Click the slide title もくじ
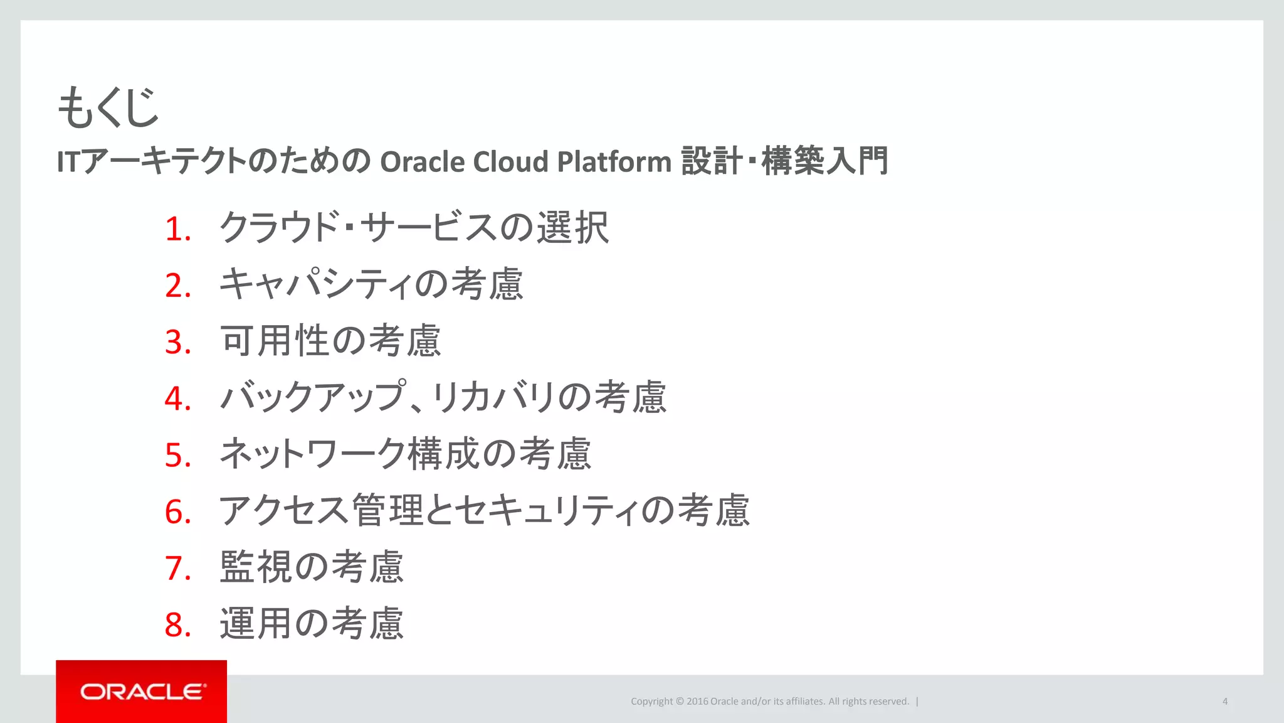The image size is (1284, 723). point(108,107)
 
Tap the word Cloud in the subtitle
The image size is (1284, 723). point(510,162)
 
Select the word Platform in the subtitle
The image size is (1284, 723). point(614,162)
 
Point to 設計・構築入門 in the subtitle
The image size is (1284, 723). point(784,161)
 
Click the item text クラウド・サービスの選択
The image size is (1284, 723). point(414,227)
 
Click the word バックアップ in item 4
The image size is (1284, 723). point(313,397)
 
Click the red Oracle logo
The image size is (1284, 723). point(142,692)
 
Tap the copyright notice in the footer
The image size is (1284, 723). point(769,702)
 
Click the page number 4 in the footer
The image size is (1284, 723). point(1224,702)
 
